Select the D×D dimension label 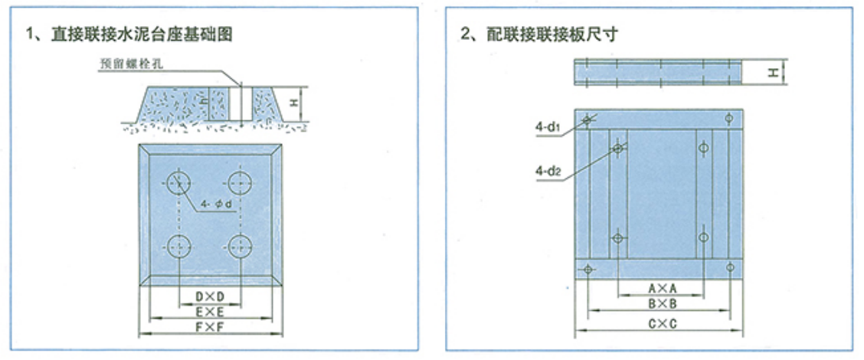pos(209,296)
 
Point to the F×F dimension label pos(209,327)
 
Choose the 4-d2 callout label pos(548,172)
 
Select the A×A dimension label pos(659,289)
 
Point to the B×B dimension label pos(659,303)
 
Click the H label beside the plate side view pos(774,72)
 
